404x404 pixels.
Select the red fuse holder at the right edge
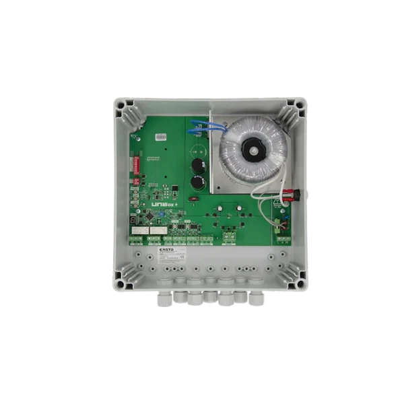[x=291, y=199]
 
